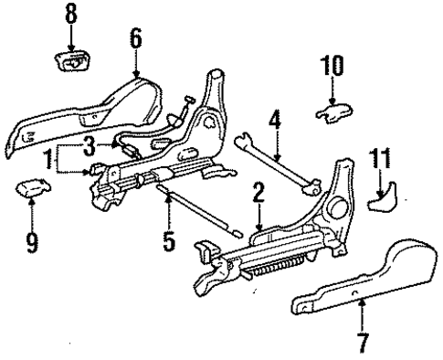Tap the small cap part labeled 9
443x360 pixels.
[31, 189]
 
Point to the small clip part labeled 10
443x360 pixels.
[332, 111]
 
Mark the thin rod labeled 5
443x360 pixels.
[196, 207]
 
